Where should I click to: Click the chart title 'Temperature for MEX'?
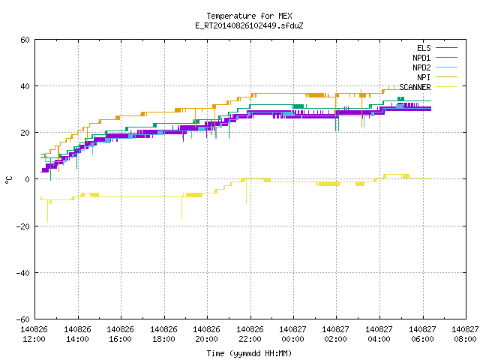tap(249, 16)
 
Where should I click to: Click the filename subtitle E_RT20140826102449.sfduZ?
tap(249, 25)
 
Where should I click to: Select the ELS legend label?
tap(424, 48)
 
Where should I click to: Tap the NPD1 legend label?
tap(421, 58)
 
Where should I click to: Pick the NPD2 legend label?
tap(421, 67)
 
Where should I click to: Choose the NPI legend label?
tap(424, 77)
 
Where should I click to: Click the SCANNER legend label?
tap(415, 87)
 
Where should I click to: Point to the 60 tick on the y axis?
tap(25, 40)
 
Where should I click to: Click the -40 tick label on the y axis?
tap(23, 273)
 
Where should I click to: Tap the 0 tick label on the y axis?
tap(28, 179)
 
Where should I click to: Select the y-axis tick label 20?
tap(25, 133)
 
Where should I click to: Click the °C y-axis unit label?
tap(8, 180)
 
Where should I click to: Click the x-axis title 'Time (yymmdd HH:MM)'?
tap(249, 353)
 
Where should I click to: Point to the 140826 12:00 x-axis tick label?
tap(34, 334)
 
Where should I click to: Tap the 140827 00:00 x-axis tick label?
tap(292, 334)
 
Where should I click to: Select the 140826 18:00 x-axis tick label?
tap(163, 334)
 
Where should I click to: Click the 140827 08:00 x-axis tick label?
tap(465, 334)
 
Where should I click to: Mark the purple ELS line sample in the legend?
tap(446, 48)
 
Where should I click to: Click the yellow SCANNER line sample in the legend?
tap(446, 87)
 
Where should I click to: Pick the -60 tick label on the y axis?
tap(23, 319)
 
